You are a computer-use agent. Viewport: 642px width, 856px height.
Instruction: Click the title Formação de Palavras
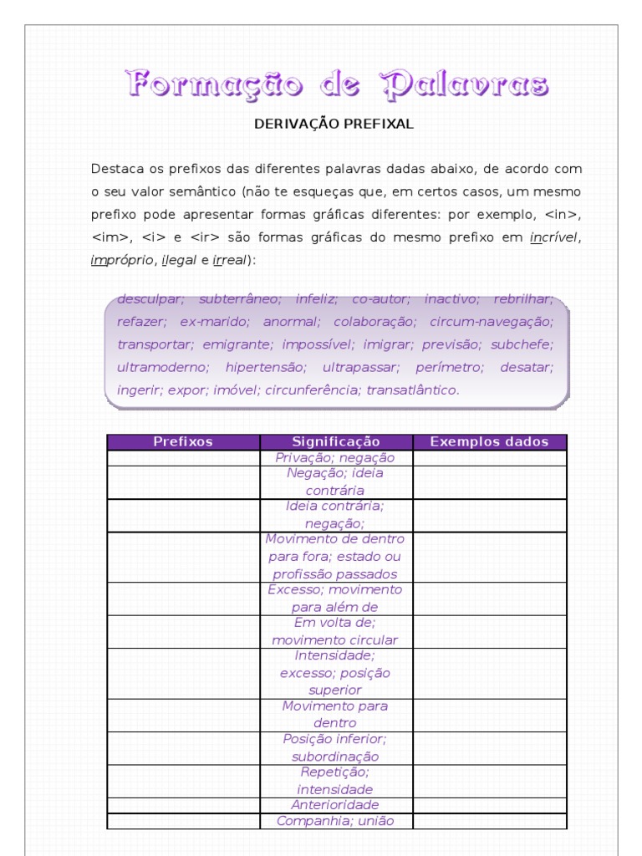click(338, 84)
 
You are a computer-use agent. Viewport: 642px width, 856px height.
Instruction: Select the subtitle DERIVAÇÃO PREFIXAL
click(334, 124)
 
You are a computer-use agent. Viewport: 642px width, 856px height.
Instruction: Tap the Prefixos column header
click(183, 442)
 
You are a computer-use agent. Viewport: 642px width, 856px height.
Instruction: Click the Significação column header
click(336, 442)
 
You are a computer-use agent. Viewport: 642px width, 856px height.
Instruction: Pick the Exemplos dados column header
click(489, 442)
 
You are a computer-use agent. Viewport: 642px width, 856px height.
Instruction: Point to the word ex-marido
click(214, 321)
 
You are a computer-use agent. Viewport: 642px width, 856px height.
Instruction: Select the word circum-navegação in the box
click(492, 321)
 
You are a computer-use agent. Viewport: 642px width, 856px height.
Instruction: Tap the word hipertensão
click(266, 367)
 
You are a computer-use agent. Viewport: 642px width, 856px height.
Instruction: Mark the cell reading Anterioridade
click(335, 805)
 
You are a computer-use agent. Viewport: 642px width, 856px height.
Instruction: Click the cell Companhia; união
click(335, 821)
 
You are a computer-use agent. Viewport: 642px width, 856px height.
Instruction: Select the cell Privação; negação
click(335, 458)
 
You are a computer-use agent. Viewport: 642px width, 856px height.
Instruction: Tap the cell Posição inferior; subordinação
click(335, 748)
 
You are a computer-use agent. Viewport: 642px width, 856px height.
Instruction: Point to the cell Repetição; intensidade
click(335, 781)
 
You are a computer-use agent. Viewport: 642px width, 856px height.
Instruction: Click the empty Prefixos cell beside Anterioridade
click(183, 805)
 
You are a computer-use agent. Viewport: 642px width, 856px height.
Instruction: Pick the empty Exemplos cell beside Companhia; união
click(489, 821)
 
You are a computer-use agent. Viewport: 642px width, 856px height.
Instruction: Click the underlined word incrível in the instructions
click(554, 237)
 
